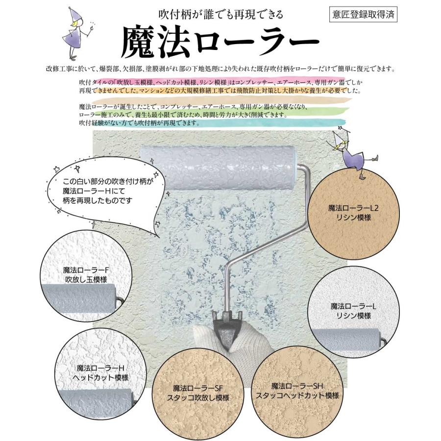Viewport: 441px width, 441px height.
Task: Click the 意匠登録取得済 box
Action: (x=364, y=14)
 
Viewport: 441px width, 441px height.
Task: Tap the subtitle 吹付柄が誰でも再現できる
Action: (x=221, y=14)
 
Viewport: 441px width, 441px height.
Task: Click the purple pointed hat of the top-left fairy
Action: (x=73, y=16)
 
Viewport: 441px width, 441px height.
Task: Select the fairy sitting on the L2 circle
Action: (x=354, y=152)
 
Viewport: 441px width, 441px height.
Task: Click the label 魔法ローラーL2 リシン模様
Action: (x=353, y=213)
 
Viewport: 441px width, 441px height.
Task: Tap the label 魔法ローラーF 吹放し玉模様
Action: (x=86, y=275)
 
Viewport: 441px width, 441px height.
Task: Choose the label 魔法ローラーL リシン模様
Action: (x=353, y=311)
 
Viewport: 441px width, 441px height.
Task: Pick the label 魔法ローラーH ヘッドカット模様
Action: (x=100, y=373)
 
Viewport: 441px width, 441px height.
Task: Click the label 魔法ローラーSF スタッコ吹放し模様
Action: (x=198, y=393)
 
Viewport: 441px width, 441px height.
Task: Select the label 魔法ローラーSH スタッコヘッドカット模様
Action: (x=297, y=391)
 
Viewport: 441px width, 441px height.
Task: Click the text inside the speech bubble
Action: (x=108, y=191)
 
